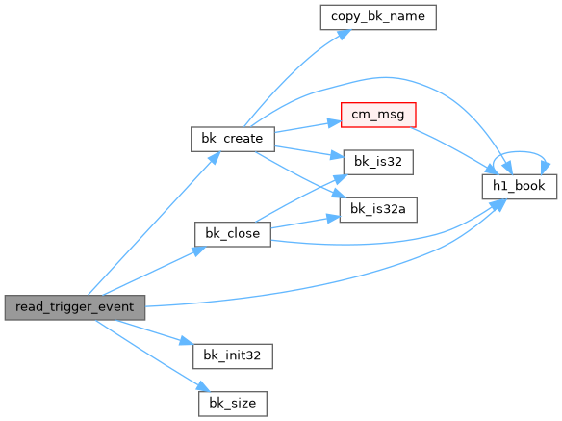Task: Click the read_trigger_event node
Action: tap(75, 307)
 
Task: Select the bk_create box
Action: tap(233, 139)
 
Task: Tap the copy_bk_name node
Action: tap(378, 17)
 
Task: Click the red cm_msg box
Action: tap(378, 115)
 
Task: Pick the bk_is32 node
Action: tap(378, 162)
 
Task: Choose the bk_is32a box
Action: tap(378, 210)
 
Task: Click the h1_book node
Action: tap(520, 186)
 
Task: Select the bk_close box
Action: tap(233, 234)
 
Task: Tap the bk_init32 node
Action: tap(233, 356)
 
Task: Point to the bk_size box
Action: tap(233, 404)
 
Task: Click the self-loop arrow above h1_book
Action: tap(520, 152)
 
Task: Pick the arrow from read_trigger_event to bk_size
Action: tap(152, 355)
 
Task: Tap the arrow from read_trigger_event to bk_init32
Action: tap(154, 332)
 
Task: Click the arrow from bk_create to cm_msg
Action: tap(308, 127)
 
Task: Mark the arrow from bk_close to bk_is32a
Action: tap(305, 223)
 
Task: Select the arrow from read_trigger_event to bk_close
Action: tap(154, 271)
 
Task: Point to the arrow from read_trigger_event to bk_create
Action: tap(154, 224)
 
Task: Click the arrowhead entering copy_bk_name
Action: tap(345, 35)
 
